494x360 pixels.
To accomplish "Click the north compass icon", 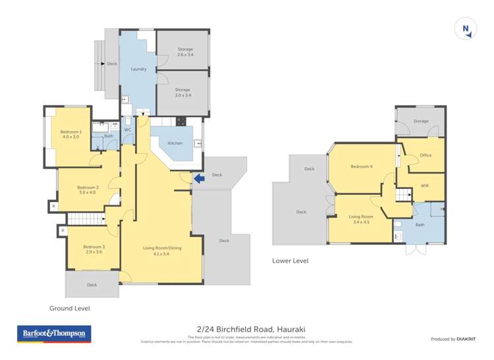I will point(465,29).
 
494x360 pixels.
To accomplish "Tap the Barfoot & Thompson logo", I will point(54,334).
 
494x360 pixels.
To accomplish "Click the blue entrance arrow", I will point(199,178).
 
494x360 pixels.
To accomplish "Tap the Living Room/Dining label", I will point(162,250).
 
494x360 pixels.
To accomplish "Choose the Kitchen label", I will point(175,143).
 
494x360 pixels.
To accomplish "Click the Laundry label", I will point(138,68).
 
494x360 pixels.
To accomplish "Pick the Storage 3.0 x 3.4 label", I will point(182,93).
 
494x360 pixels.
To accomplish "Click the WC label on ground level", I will point(128,130).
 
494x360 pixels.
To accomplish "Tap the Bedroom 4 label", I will point(362,167).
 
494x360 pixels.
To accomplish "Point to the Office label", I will point(425,155).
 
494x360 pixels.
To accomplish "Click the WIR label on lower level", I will point(425,186).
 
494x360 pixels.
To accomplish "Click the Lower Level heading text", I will point(290,261).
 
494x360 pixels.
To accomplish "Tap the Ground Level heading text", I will point(70,308).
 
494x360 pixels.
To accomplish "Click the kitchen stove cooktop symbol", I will point(180,120).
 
